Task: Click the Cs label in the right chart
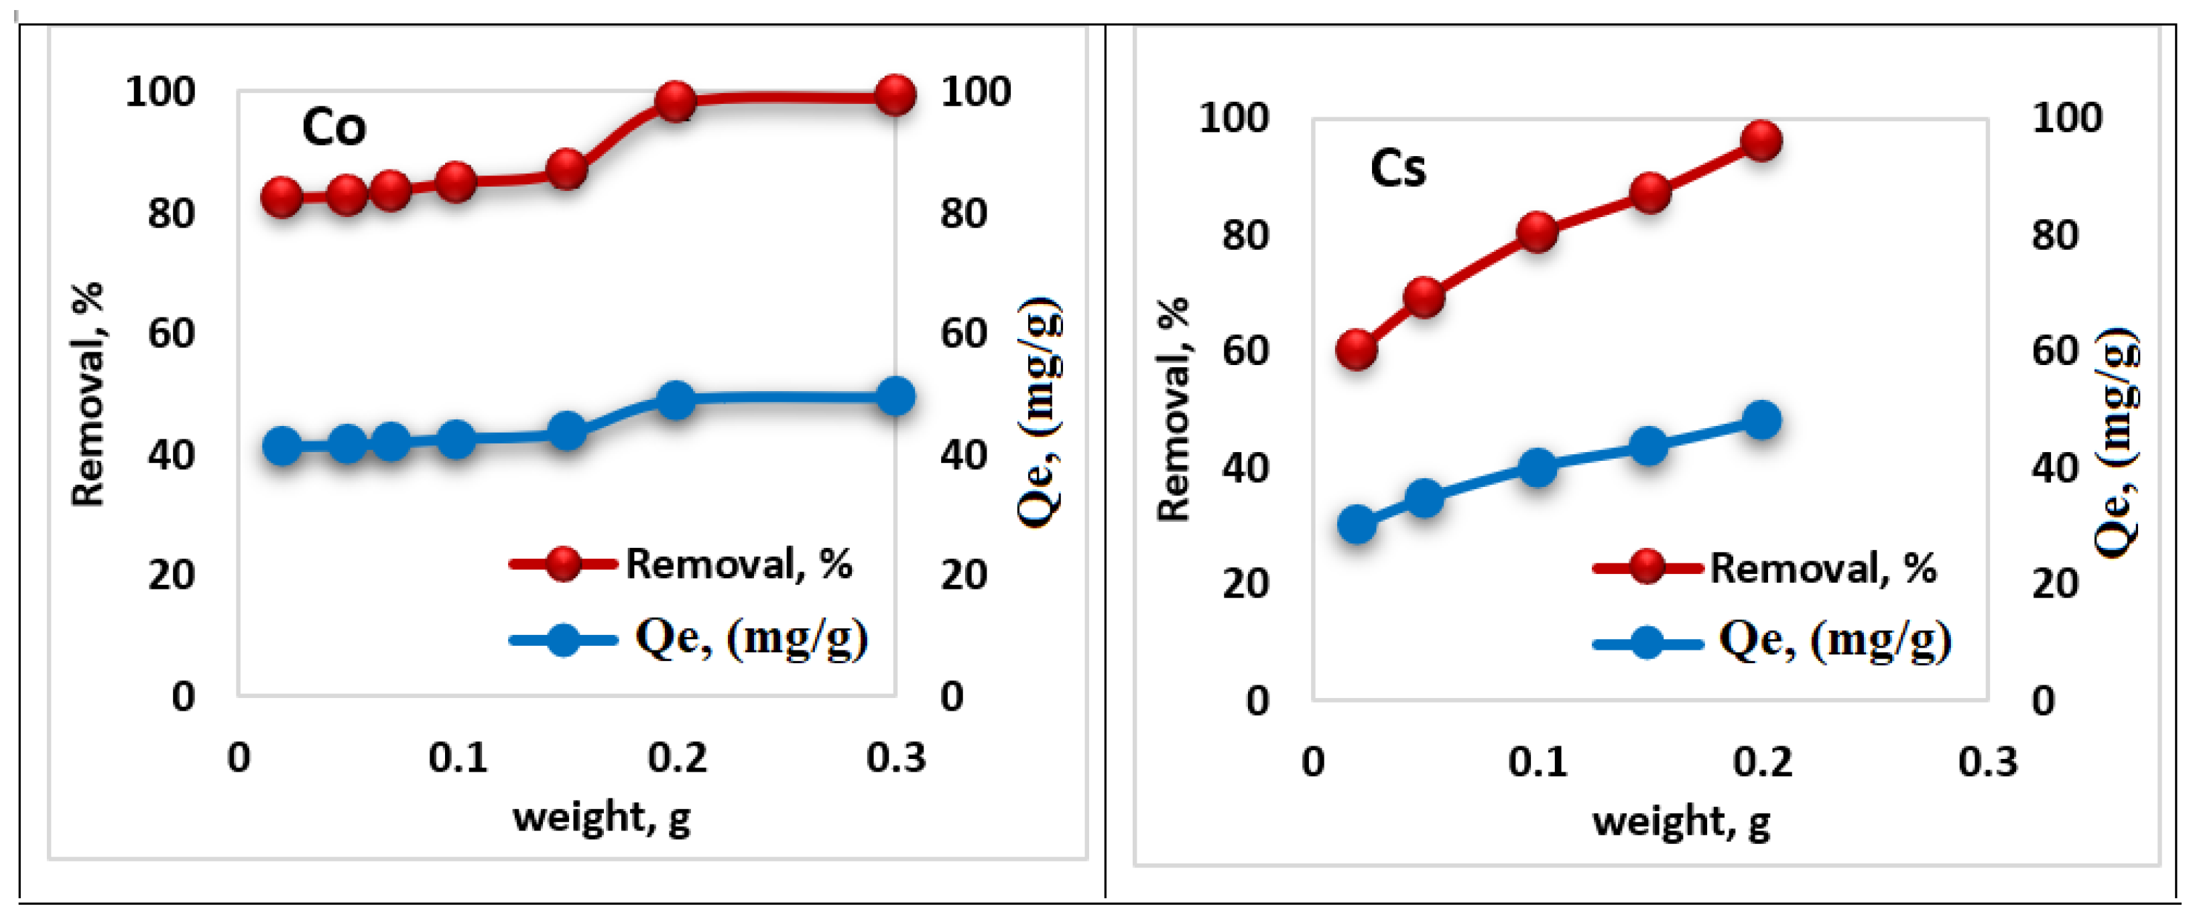click(x=1397, y=168)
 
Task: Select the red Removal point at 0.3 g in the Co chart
click(x=895, y=94)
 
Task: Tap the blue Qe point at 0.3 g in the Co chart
click(x=895, y=396)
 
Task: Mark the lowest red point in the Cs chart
click(x=1357, y=350)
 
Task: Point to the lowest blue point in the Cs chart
click(x=1357, y=524)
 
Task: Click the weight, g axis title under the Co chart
click(x=602, y=818)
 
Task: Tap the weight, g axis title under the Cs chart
click(x=1682, y=822)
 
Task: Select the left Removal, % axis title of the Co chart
click(x=88, y=395)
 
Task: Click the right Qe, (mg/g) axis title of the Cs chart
click(x=2116, y=442)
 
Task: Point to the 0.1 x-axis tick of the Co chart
click(x=458, y=758)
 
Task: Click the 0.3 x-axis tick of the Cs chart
click(x=1988, y=762)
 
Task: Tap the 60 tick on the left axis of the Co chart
click(x=171, y=334)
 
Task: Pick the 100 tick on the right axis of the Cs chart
click(x=2067, y=117)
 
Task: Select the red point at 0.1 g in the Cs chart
click(x=1538, y=232)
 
